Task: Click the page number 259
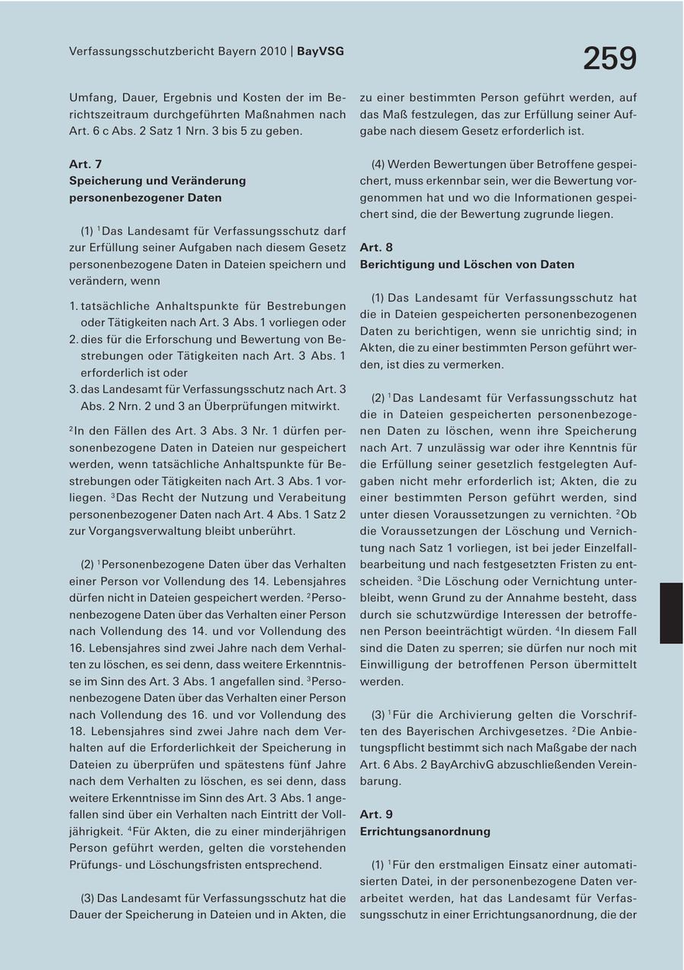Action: (610, 59)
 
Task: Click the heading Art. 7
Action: (85, 164)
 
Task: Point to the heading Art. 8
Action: (376, 248)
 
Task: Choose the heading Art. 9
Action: (376, 814)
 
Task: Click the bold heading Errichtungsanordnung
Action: (425, 831)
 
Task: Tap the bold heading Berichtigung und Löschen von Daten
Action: (467, 264)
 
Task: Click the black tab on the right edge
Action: (671, 613)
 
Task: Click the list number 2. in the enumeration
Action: (74, 340)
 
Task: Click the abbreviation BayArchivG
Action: (462, 764)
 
